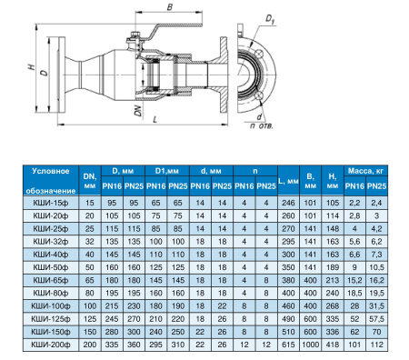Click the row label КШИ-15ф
[51, 203]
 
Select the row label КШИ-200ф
[51, 345]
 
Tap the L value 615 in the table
[288, 345]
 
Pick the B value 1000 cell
[311, 345]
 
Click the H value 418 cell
[333, 345]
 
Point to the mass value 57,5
[376, 319]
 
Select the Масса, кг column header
[365, 171]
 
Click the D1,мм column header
[167, 171]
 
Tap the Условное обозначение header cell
[51, 181]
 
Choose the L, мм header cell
[288, 181]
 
